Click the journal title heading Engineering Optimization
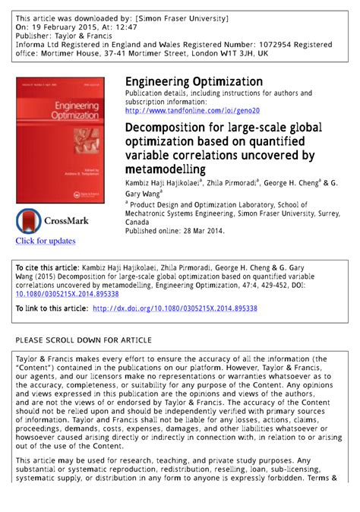(x=194, y=81)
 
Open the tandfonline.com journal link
(x=193, y=110)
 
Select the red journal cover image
(x=56, y=141)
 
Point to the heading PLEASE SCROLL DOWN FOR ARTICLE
(x=84, y=340)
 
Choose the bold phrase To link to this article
(x=51, y=309)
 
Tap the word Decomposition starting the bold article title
(x=165, y=127)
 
